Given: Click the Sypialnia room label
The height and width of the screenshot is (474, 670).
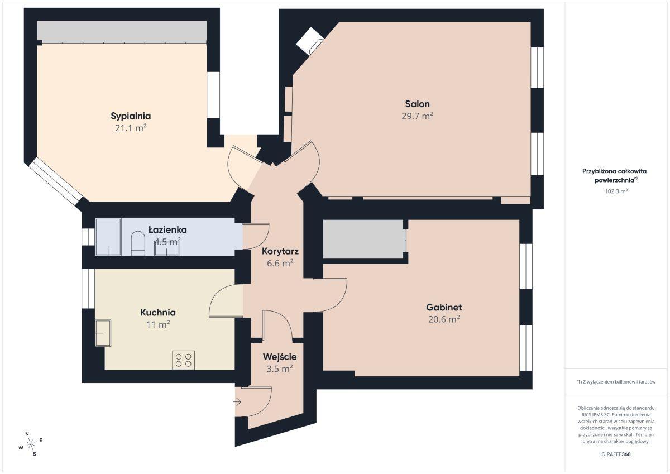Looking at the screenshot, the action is point(131,116).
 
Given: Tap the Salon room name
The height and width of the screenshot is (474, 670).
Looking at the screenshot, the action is point(417,104).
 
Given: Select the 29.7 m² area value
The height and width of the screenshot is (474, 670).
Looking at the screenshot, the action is point(417,116).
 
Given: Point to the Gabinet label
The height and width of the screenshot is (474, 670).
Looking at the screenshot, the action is point(444,307).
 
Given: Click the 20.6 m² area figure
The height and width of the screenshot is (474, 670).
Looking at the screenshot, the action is point(444,319).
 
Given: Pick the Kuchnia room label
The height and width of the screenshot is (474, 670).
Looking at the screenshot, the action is point(158,313).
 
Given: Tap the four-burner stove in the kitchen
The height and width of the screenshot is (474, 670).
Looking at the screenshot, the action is point(183,360).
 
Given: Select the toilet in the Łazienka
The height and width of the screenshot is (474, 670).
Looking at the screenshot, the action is point(138,243).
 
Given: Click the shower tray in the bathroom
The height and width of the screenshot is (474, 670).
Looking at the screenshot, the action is point(108,237).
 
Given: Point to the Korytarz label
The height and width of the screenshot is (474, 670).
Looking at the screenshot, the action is point(280,251).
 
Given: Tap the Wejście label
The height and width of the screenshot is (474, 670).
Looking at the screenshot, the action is point(280,357).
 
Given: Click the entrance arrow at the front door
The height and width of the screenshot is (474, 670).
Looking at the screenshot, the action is point(237,402).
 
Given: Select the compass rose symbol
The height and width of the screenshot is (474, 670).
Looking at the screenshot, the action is point(31,444).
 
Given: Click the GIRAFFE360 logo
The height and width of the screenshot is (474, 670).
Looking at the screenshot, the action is point(616,454).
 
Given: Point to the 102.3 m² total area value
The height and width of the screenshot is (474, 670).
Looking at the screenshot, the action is point(616,191).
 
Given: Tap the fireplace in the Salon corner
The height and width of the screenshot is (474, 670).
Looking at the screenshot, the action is point(310,41).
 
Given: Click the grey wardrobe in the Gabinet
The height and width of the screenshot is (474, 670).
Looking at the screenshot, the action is point(363,240).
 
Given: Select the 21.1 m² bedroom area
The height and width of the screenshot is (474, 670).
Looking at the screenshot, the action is point(131,128).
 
